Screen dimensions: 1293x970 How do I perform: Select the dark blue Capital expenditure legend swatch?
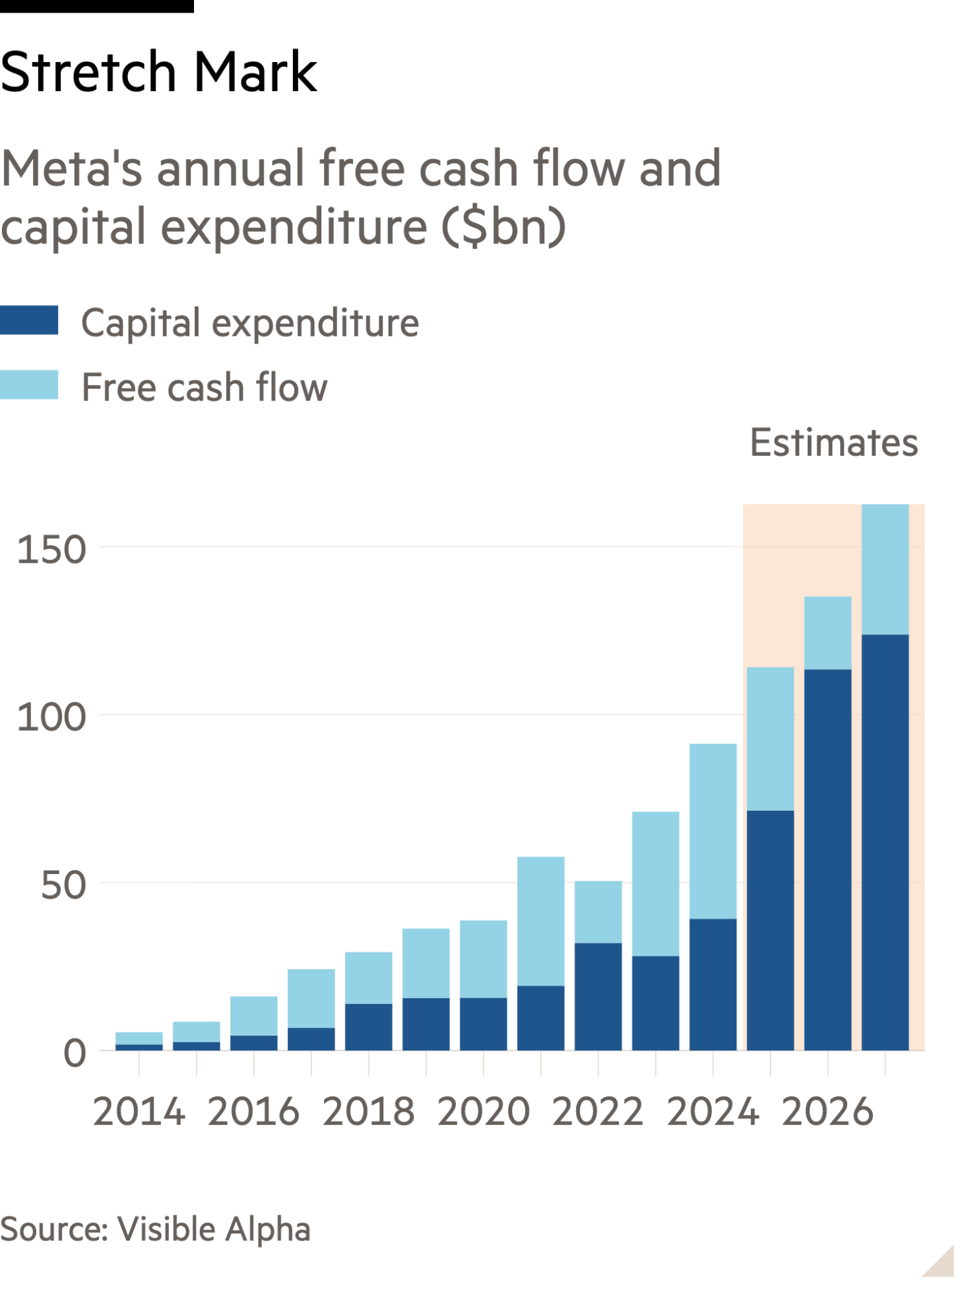pyautogui.click(x=29, y=321)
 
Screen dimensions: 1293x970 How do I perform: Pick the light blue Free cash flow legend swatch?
pyautogui.click(x=29, y=385)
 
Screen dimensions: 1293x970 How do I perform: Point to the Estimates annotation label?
pyautogui.click(x=833, y=443)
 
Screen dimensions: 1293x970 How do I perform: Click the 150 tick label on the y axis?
pyautogui.click(x=51, y=550)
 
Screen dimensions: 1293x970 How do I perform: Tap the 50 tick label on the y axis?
pyautogui.click(x=63, y=885)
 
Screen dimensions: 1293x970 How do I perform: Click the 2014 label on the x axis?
pyautogui.click(x=139, y=1112)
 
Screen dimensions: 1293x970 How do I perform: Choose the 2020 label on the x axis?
pyautogui.click(x=483, y=1112)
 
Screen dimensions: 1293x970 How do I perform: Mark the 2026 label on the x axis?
pyautogui.click(x=827, y=1112)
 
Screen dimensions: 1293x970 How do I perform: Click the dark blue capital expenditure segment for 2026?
pyautogui.click(x=827, y=858)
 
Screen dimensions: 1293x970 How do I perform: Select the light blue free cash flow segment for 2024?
pyautogui.click(x=713, y=831)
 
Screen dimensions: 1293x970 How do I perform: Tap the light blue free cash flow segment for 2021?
pyautogui.click(x=540, y=921)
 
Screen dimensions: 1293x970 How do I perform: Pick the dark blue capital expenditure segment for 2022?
pyautogui.click(x=598, y=996)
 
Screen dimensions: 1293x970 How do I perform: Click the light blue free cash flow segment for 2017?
pyautogui.click(x=311, y=998)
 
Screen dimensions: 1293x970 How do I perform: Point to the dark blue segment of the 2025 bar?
pyautogui.click(x=770, y=930)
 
